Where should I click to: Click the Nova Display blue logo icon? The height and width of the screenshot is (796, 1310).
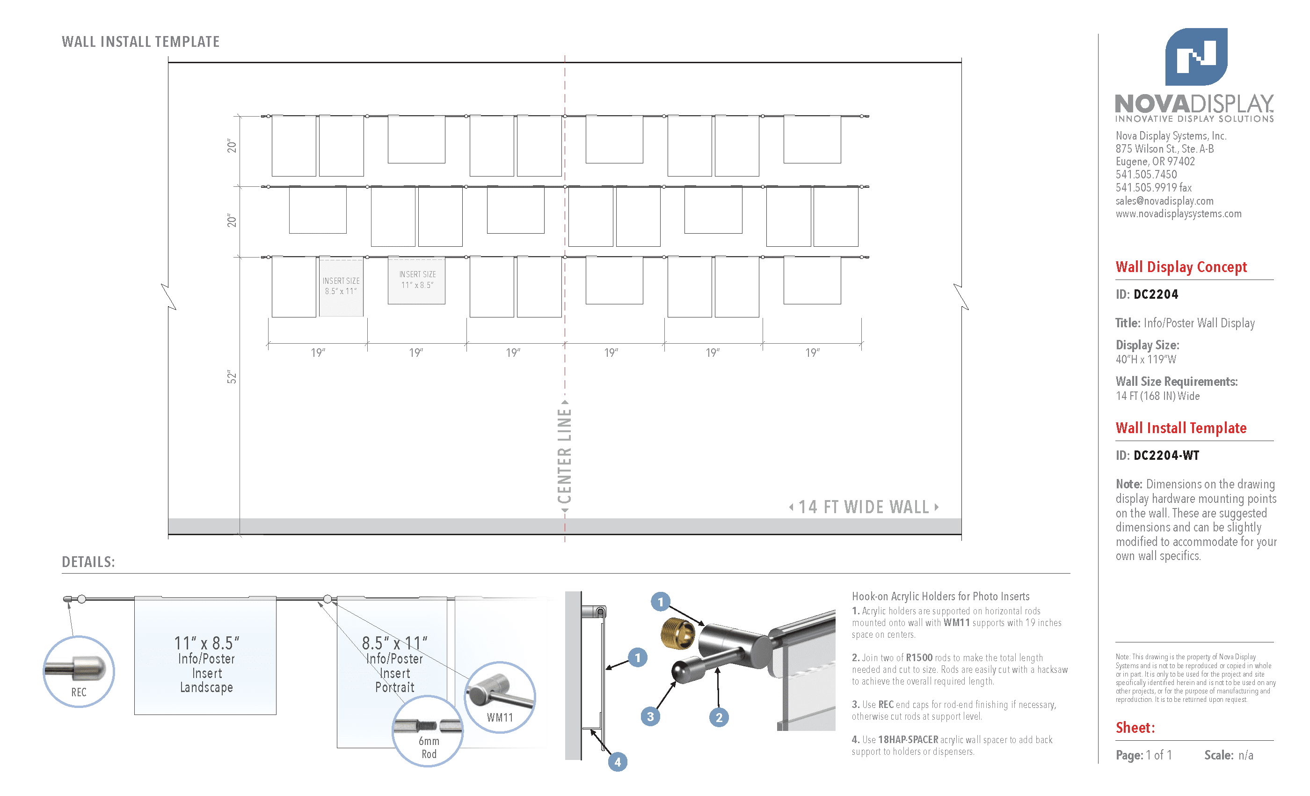(1196, 56)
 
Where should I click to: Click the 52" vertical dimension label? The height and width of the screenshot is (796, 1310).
(232, 377)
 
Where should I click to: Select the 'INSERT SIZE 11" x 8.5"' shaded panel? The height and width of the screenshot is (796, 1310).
(416, 280)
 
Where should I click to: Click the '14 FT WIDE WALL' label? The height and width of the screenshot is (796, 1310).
(864, 507)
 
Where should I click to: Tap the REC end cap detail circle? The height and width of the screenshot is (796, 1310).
(79, 671)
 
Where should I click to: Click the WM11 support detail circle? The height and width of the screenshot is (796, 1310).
(500, 698)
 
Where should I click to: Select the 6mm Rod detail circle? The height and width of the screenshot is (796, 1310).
(428, 731)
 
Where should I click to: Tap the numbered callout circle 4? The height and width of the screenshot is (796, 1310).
(617, 762)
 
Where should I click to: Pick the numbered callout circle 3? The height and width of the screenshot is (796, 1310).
(650, 717)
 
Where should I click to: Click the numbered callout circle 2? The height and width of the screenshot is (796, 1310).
(719, 717)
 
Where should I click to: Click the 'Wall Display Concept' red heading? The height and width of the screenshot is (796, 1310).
(1181, 267)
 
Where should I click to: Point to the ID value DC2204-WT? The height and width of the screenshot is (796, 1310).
(1166, 456)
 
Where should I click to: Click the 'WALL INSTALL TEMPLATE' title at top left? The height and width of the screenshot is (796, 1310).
(140, 42)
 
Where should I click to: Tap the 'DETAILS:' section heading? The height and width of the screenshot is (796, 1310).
(88, 562)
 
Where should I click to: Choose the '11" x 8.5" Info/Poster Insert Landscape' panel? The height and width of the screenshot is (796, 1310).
(205, 656)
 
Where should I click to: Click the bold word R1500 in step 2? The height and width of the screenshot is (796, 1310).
(919, 658)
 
